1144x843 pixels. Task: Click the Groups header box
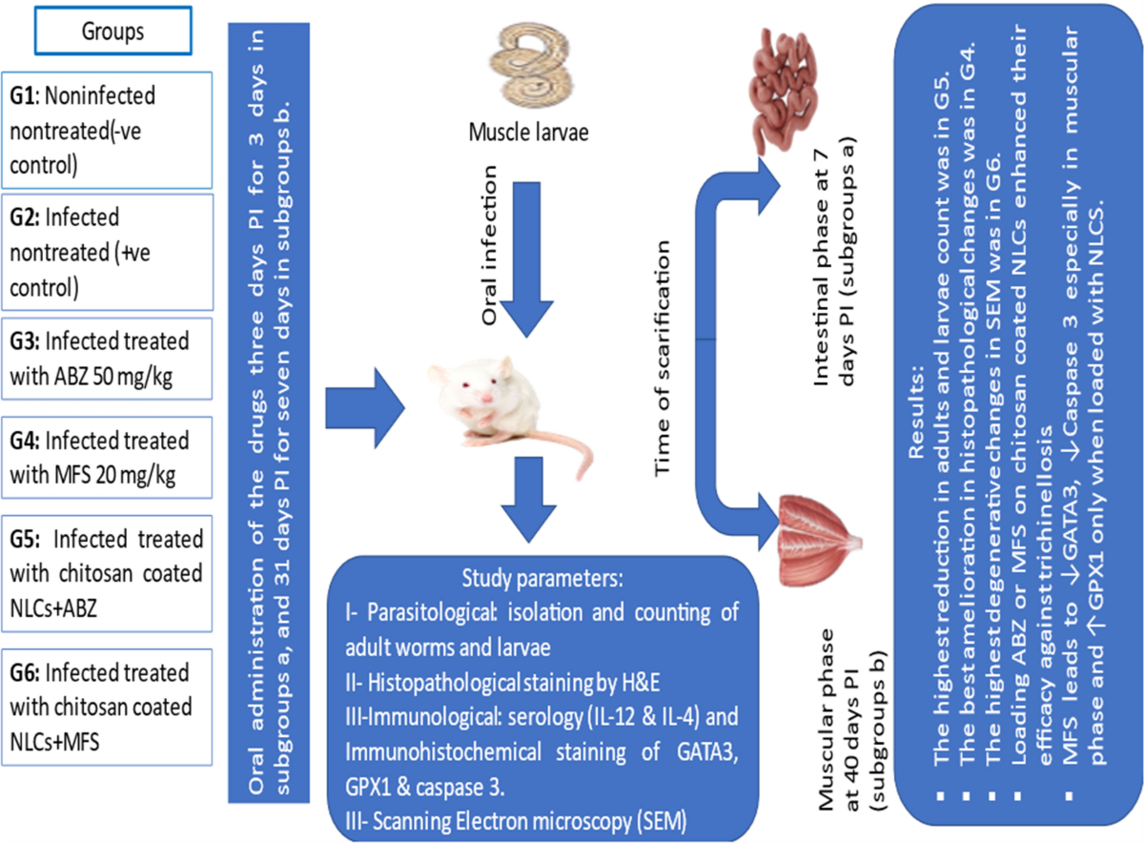(x=112, y=31)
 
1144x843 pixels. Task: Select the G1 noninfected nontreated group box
(x=107, y=131)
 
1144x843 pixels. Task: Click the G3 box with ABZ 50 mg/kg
(x=107, y=359)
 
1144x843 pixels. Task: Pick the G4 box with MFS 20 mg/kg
(x=107, y=458)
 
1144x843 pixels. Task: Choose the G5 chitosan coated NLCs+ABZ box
(x=107, y=573)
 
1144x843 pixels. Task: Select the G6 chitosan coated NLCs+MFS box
(x=107, y=707)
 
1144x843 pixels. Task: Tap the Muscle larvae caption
(x=528, y=133)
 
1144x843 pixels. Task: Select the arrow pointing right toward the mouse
(x=365, y=408)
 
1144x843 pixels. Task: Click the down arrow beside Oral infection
(x=526, y=259)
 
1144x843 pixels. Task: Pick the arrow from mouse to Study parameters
(x=528, y=500)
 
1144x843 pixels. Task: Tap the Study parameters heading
(x=542, y=578)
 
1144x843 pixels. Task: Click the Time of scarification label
(x=662, y=360)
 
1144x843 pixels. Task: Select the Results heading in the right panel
(x=917, y=411)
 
